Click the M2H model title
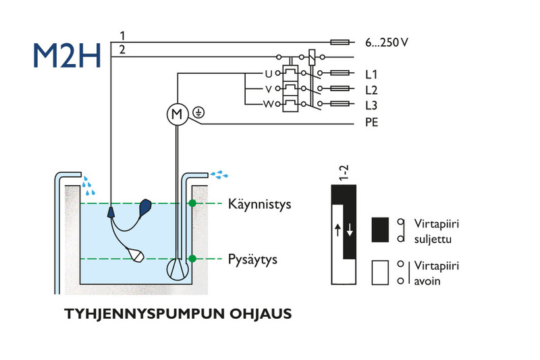click(x=67, y=55)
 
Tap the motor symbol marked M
click(x=178, y=114)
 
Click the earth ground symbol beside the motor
click(x=198, y=112)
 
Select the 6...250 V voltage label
click(x=387, y=43)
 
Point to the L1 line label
click(x=371, y=74)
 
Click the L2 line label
click(x=371, y=90)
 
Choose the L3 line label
click(x=371, y=105)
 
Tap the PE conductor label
click(x=372, y=122)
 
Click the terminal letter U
click(x=268, y=74)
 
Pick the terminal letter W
click(x=268, y=104)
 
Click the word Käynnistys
click(x=260, y=204)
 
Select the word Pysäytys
click(x=252, y=259)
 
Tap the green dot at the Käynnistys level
click(x=192, y=203)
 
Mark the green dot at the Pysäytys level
click(x=192, y=259)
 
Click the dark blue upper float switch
click(x=144, y=207)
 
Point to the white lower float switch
click(x=136, y=255)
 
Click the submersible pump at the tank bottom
click(x=178, y=269)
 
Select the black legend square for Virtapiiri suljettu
click(x=380, y=230)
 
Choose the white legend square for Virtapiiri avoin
click(x=380, y=272)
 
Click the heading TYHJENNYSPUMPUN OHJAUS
click(x=178, y=314)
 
